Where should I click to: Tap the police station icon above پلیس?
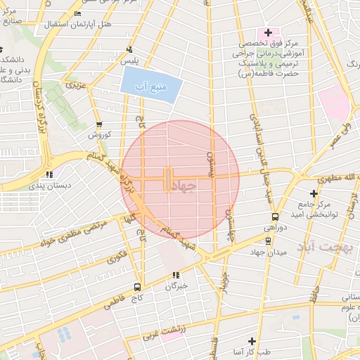(x=129, y=49)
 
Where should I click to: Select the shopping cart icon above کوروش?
(x=98, y=123)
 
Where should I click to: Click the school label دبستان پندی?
(x=49, y=187)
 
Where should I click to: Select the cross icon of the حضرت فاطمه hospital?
(x=267, y=33)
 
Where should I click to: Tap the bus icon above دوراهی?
(x=275, y=217)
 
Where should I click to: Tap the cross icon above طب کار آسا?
(x=251, y=341)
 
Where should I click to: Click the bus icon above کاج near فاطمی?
(x=137, y=287)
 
